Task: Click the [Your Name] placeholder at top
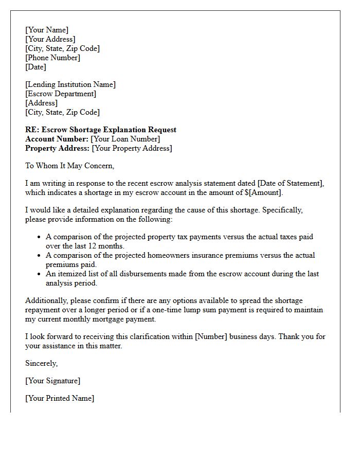[47, 30]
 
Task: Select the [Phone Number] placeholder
[52, 58]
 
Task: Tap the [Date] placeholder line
[35, 67]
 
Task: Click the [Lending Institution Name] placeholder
[70, 84]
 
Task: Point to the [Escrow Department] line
[61, 94]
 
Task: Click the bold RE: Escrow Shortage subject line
[101, 130]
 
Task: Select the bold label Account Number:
[57, 139]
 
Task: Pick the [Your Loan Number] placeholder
[125, 139]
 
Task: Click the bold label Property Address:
[57, 148]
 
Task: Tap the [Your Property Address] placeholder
[132, 148]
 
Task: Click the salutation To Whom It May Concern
[69, 166]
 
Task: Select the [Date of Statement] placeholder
[290, 183]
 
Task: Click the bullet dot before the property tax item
[39, 237]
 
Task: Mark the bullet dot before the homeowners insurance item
[39, 256]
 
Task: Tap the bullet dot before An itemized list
[39, 274]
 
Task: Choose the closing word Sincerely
[42, 363]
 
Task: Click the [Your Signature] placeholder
[52, 381]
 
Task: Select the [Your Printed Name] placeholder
[60, 398]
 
